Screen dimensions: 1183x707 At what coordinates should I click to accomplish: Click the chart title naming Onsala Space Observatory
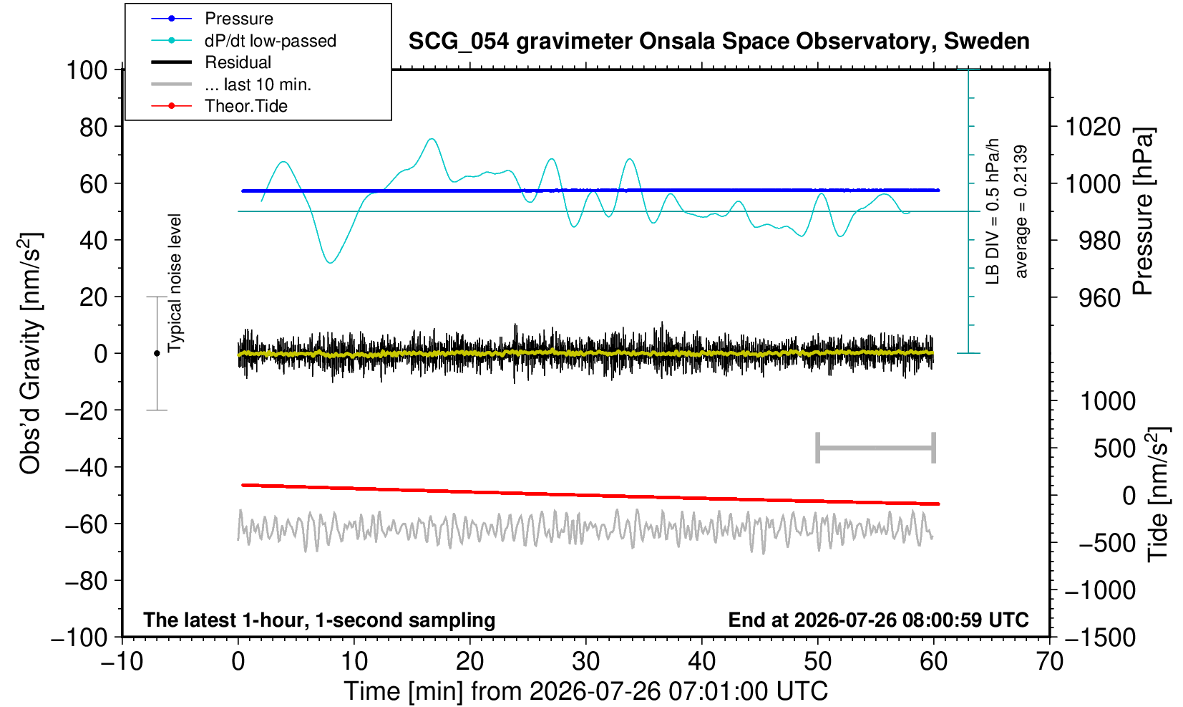[x=719, y=42]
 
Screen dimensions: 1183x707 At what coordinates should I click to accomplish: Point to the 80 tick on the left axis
[x=94, y=127]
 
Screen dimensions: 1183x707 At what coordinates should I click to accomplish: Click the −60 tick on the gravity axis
[x=86, y=524]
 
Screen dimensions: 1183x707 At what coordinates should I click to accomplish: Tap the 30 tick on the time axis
[x=585, y=661]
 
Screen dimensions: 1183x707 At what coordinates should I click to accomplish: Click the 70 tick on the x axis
[x=1049, y=661]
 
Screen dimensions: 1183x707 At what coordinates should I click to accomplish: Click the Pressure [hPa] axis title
[x=1143, y=211]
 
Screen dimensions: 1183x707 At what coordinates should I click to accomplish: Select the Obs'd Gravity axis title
[x=30, y=353]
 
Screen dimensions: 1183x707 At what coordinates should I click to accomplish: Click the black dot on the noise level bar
[x=157, y=353]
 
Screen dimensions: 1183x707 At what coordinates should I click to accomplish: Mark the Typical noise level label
[x=175, y=284]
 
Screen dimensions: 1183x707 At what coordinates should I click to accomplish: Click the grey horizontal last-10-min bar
[x=876, y=448]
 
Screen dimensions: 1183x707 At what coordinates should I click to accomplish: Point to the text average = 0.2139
[x=1021, y=211]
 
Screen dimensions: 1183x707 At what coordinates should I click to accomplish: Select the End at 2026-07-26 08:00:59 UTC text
[x=878, y=620]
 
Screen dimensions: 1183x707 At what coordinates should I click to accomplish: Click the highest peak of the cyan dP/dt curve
[x=432, y=139]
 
